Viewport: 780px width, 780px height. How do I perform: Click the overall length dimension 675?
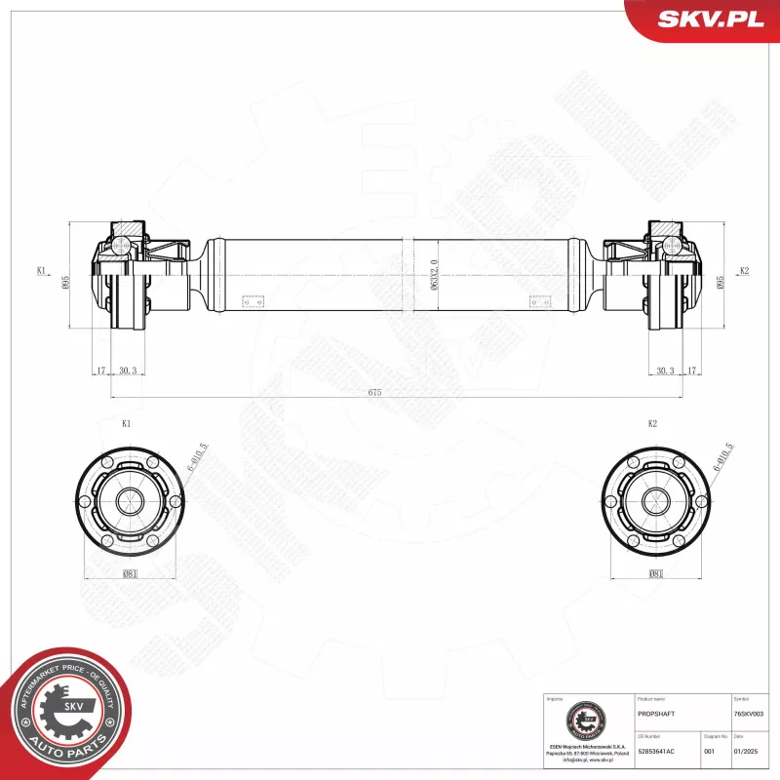pos(373,392)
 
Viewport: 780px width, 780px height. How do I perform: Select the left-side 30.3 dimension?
pos(127,370)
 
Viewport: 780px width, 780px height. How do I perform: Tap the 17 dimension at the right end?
pos(692,370)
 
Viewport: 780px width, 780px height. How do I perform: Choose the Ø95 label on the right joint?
pos(721,279)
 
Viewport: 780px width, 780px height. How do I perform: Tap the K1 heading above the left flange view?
pos(127,424)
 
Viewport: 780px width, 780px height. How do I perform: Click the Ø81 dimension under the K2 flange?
pos(656,574)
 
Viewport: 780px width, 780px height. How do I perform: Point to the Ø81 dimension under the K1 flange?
pos(130,574)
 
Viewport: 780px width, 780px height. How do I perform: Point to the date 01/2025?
pos(745,750)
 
